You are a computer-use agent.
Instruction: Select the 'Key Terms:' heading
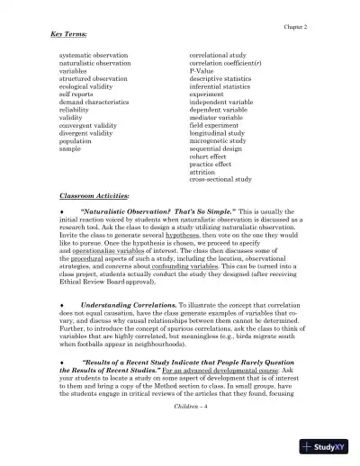point(68,35)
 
